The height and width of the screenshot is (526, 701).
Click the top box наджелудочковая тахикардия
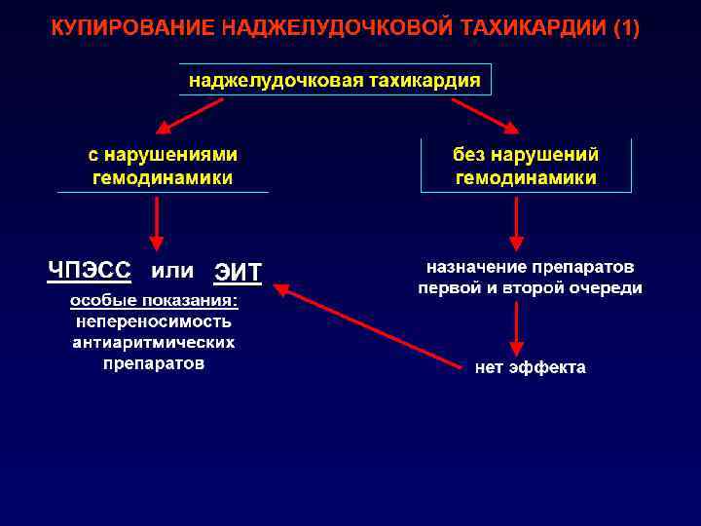[335, 80]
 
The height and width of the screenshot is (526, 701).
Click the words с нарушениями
[163, 155]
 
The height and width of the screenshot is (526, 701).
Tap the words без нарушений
[526, 155]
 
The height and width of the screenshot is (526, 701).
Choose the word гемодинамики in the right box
[526, 178]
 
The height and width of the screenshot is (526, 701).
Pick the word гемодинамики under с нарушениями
[163, 178]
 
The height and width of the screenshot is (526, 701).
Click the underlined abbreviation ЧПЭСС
[89, 270]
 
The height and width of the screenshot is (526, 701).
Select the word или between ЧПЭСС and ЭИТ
[172, 270]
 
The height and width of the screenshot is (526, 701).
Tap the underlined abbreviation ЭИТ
[238, 272]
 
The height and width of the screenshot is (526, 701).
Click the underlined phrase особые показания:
[154, 300]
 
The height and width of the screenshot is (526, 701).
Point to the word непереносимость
[154, 321]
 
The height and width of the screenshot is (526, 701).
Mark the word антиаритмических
[154, 343]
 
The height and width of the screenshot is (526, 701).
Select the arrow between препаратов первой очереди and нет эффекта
[517, 328]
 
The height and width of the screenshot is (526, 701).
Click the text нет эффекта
[530, 368]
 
